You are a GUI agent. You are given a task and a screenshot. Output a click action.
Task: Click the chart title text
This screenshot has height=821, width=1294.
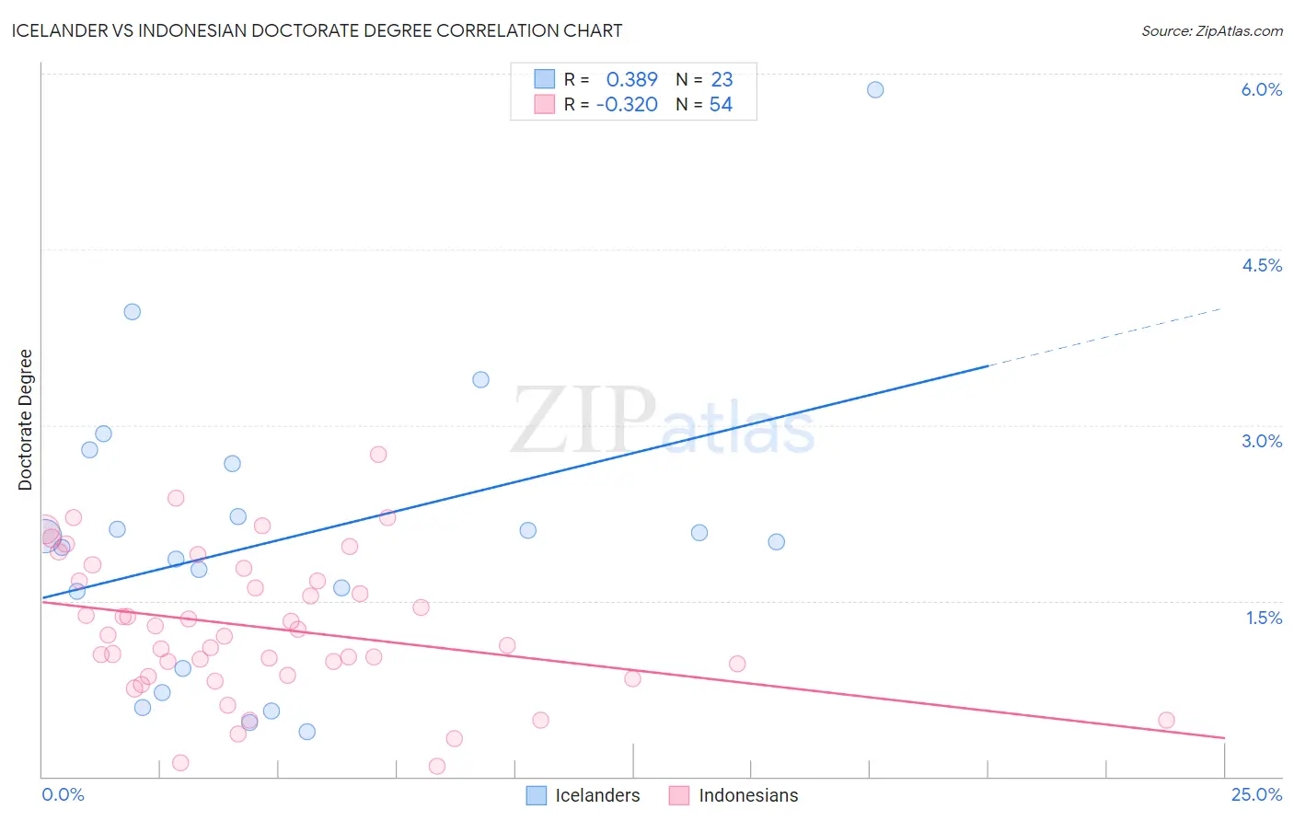coord(317,30)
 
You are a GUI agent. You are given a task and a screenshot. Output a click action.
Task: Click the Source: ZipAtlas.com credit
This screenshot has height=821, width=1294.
coord(1211,30)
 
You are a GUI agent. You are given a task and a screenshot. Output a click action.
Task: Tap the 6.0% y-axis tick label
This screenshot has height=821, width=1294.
coord(1261,89)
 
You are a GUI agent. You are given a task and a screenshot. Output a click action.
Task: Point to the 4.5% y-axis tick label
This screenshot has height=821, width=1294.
coord(1261,265)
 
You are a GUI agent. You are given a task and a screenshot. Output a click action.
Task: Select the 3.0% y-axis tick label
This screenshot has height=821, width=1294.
coord(1261,441)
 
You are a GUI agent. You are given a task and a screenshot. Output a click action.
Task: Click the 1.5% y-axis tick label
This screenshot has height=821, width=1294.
coord(1264,618)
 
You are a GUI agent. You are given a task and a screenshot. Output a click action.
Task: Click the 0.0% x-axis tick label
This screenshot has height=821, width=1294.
coord(63,794)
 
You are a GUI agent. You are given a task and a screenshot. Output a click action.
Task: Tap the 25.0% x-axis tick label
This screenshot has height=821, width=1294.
coord(1256,794)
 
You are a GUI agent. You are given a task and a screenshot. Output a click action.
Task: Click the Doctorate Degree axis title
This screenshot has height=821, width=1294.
coord(25,420)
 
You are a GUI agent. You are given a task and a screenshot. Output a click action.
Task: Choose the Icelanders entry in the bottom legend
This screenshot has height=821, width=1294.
coord(596,795)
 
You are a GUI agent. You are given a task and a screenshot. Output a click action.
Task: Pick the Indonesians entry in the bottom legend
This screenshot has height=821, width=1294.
coord(747,795)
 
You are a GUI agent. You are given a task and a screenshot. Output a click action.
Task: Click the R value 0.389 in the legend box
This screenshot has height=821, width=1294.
coord(631,80)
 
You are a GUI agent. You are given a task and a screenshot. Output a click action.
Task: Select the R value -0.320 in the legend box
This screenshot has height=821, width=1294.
coord(627,105)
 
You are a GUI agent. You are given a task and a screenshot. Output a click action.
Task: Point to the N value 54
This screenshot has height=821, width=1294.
coord(721,105)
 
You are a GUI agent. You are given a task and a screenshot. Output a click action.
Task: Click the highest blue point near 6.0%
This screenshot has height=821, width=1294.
coord(875,89)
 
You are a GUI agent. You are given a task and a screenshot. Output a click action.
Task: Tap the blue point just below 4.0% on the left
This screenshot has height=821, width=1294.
coord(132,312)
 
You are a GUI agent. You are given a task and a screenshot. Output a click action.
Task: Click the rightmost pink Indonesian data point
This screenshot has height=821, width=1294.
coord(1166,720)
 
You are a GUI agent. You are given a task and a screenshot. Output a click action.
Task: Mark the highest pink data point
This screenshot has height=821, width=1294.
coord(378,454)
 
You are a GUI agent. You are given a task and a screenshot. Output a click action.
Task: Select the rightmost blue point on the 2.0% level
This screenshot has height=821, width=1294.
coord(777,542)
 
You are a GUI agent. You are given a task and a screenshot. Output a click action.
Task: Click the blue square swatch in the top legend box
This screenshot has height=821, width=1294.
coord(545,79)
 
